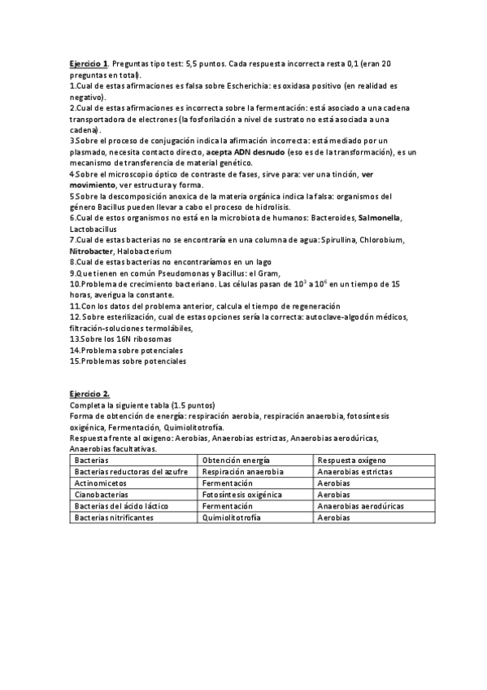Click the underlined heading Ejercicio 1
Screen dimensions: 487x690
[88, 63]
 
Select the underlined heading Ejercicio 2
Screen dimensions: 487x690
[89, 394]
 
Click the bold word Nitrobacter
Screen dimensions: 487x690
[91, 251]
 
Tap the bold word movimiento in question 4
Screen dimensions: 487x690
[92, 186]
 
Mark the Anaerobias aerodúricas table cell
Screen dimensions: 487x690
[360, 505]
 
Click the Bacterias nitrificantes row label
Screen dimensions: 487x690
[112, 517]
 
